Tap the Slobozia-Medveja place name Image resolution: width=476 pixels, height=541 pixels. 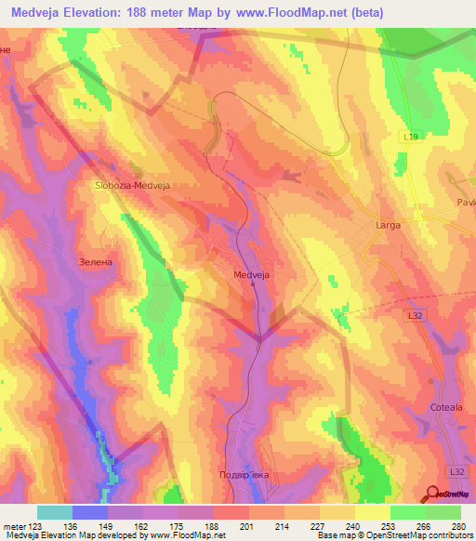(x=136, y=185)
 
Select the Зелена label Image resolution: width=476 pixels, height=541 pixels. (x=96, y=262)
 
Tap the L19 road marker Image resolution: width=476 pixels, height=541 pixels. (x=411, y=137)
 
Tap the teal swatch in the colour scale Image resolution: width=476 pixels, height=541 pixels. (x=55, y=512)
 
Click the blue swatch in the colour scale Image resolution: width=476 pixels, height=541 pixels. (x=90, y=512)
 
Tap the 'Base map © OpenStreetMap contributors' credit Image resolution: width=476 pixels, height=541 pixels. (x=393, y=535)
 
